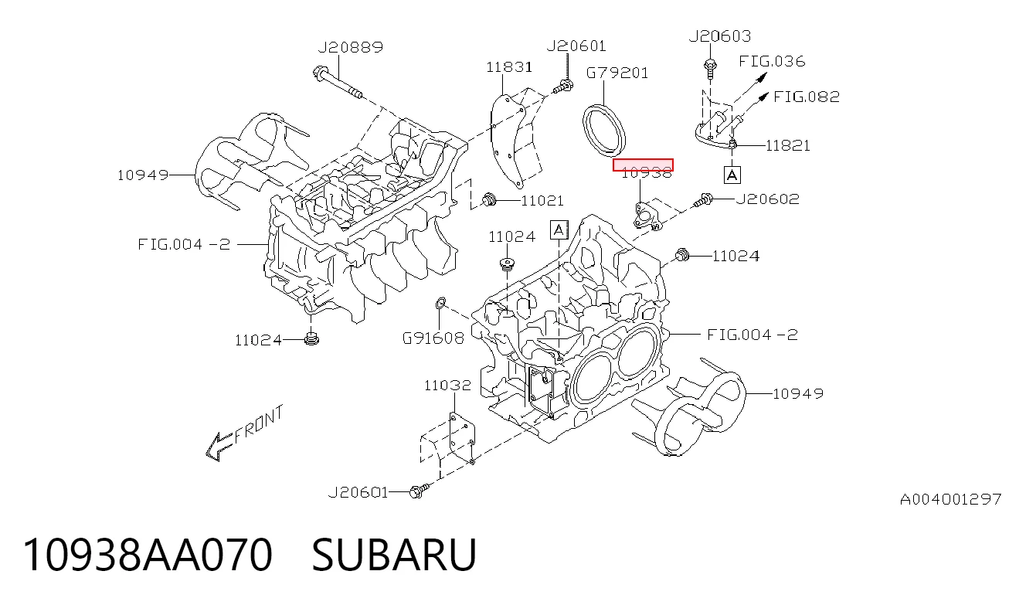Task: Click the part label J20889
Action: point(351,47)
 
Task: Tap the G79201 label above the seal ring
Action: point(617,73)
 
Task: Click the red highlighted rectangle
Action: point(643,165)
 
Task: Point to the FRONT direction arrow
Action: point(220,447)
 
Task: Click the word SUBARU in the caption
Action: point(394,555)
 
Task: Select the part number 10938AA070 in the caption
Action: point(148,555)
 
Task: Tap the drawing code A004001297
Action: point(950,499)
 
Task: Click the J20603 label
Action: point(720,36)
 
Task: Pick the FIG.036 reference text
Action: point(772,61)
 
